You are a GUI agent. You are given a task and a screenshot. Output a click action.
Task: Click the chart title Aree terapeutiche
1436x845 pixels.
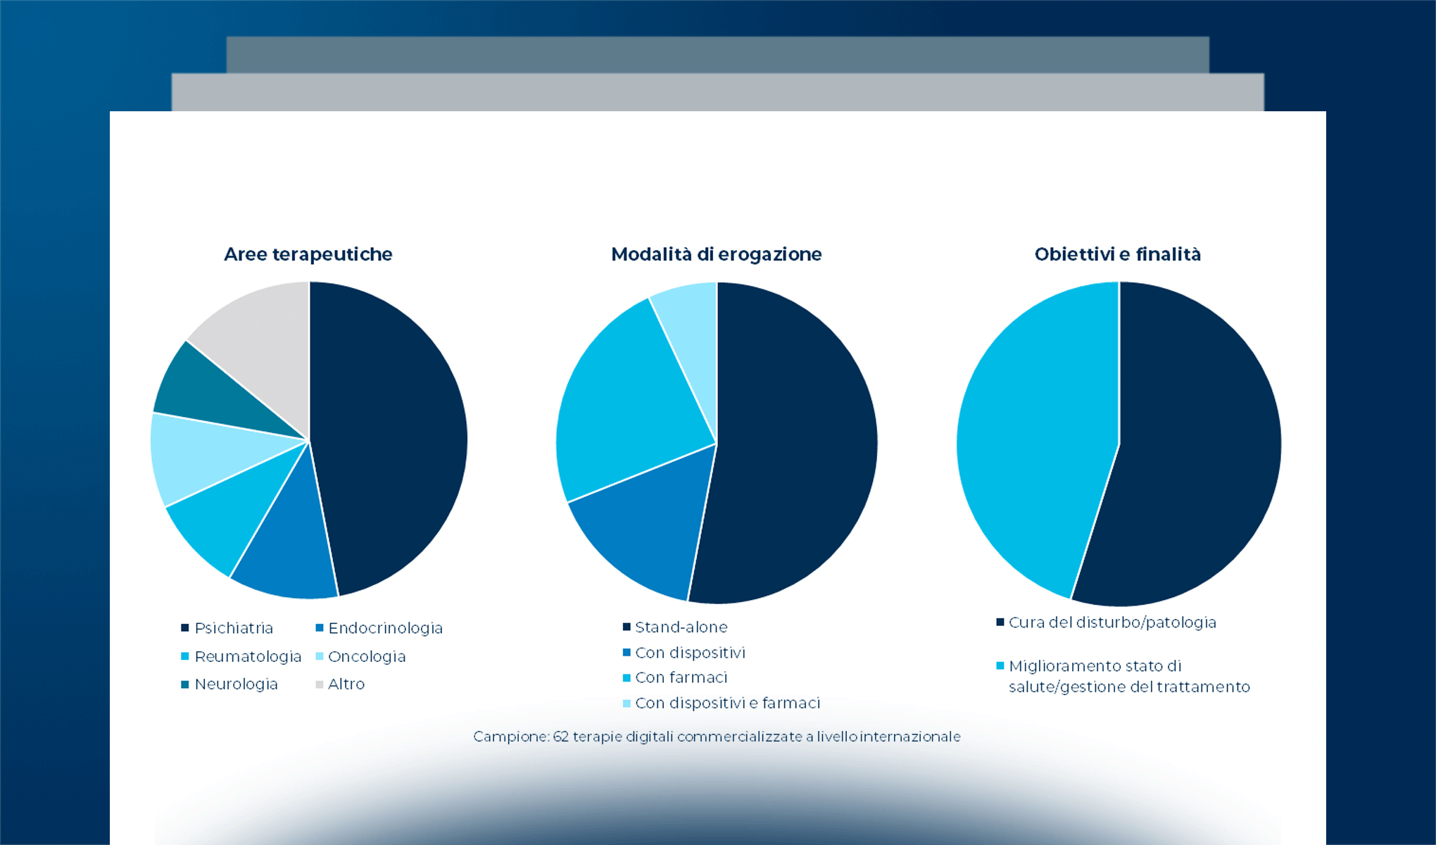point(308,254)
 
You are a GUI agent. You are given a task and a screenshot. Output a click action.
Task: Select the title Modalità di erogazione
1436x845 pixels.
point(716,254)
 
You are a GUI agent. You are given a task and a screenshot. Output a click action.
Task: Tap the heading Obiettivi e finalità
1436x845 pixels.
point(1117,254)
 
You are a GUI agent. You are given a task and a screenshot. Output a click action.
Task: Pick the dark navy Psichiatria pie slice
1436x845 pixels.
point(387,437)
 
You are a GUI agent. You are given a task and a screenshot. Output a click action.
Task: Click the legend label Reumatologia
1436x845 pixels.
point(248,656)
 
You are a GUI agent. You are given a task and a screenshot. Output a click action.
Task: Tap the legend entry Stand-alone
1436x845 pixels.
point(681,627)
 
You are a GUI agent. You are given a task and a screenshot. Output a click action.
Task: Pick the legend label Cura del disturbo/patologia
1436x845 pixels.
point(1112,622)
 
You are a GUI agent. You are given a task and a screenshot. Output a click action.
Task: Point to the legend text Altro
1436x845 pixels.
point(346,684)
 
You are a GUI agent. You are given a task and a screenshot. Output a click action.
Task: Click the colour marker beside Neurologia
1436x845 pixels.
point(185,684)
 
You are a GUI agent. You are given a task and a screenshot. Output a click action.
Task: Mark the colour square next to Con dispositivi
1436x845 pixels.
point(626,653)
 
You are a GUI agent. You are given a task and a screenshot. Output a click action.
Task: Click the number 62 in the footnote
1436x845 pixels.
point(560,737)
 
